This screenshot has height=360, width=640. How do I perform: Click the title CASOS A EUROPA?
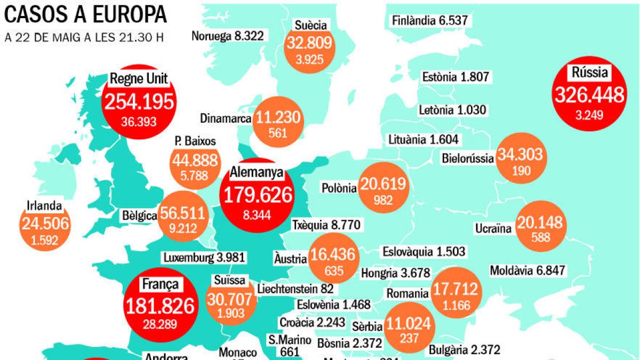pos(85,14)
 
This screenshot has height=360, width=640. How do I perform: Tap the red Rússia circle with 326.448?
pos(589,96)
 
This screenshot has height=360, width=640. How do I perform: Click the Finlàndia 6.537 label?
pos(430,21)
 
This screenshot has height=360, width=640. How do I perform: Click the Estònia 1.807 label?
pos(455,77)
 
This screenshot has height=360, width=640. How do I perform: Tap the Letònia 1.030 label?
pos(453,110)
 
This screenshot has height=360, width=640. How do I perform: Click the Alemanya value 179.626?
pos(258,196)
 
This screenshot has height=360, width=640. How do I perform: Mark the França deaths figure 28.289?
pos(160,323)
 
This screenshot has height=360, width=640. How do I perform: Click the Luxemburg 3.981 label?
pos(204,257)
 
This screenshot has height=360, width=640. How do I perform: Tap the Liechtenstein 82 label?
pos(295,289)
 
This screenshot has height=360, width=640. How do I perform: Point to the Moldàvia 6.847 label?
pos(527,270)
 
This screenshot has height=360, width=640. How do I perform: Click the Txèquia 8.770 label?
pos(327,225)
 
